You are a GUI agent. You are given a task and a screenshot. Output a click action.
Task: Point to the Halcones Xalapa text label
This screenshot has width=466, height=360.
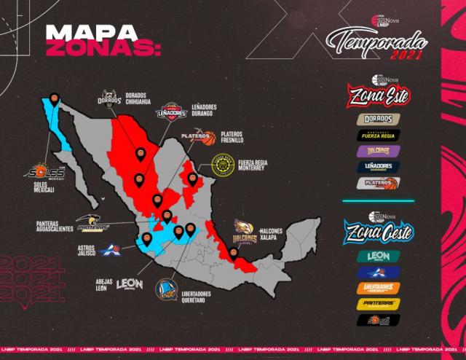(x=272, y=235)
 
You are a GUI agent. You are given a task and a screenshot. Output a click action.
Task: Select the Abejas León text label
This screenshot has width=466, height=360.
(x=106, y=283)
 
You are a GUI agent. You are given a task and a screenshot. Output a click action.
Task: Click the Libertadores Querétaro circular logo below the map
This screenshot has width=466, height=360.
(x=166, y=290)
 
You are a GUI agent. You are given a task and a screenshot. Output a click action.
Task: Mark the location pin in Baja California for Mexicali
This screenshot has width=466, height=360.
(x=55, y=98)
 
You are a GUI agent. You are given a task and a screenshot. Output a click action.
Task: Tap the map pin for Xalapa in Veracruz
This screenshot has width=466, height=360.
(x=233, y=252)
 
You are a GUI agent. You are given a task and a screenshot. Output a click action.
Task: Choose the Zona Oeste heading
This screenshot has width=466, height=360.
(x=378, y=234)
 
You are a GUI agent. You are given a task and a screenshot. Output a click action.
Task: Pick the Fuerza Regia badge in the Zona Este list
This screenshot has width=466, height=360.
(x=378, y=135)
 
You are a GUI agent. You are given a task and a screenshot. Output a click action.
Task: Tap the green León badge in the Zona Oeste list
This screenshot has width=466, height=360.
(x=378, y=257)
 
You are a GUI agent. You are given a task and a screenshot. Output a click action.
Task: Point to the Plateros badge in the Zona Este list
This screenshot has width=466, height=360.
(x=378, y=182)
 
